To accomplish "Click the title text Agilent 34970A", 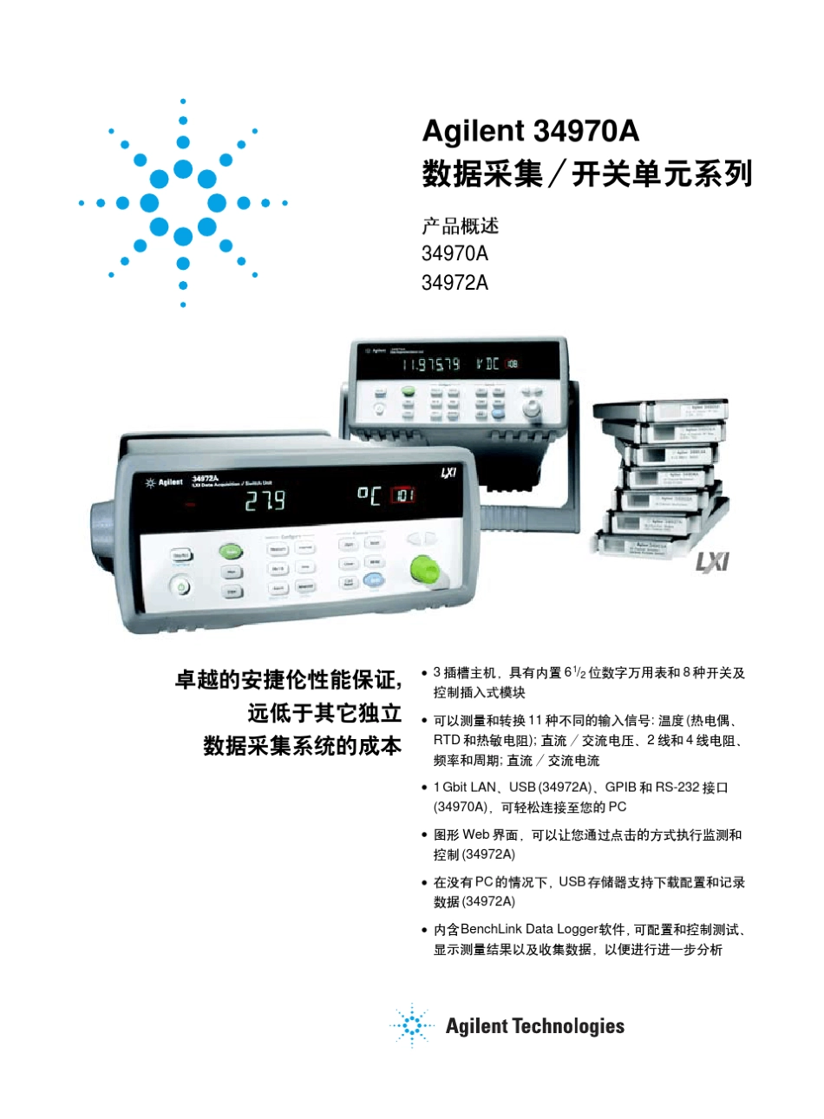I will [530, 131].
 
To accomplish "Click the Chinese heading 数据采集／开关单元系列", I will [586, 174].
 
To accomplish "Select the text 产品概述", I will [460, 226].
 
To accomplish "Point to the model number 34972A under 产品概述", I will [455, 282].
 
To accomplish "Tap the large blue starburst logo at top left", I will [183, 203].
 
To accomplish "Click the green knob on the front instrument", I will [424, 569].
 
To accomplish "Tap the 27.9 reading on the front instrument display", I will [264, 501].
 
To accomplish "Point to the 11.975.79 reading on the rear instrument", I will [430, 364].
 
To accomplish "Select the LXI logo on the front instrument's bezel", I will [448, 472].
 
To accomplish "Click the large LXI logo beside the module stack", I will [713, 562].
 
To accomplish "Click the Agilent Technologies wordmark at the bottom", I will [534, 1027].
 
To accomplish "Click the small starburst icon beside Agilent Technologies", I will [411, 1026].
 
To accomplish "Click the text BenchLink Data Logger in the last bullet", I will [529, 929].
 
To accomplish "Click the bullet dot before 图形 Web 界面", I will [424, 835].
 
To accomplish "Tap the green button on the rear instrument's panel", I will [408, 392].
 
